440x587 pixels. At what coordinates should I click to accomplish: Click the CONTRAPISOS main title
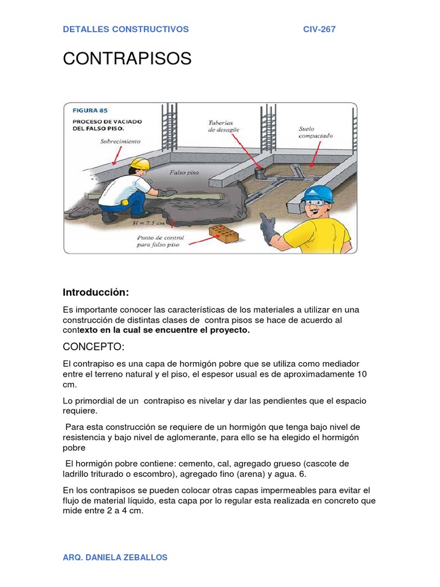(x=127, y=58)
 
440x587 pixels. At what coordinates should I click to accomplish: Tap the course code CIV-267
(x=319, y=29)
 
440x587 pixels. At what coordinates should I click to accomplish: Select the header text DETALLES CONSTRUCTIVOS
(x=125, y=29)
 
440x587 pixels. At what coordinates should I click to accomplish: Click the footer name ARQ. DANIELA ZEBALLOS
(x=115, y=557)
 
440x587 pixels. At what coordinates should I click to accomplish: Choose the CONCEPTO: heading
(x=93, y=347)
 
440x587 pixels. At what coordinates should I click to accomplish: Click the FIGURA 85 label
(x=90, y=110)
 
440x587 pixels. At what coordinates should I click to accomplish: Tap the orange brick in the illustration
(x=224, y=233)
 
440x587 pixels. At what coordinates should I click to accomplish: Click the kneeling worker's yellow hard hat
(x=140, y=164)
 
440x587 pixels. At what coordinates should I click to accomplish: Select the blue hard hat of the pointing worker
(x=317, y=194)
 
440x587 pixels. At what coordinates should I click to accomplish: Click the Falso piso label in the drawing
(x=183, y=172)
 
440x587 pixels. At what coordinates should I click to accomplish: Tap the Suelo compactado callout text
(x=315, y=132)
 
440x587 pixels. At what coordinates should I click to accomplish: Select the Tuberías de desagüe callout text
(x=224, y=126)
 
